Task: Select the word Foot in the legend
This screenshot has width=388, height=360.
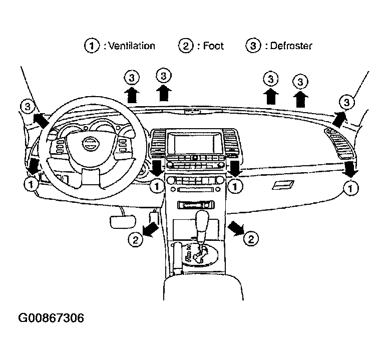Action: click(x=213, y=46)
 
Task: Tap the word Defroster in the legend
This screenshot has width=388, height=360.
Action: click(x=291, y=46)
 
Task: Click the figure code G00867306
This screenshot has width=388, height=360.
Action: click(x=51, y=318)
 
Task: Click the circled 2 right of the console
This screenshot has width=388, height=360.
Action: click(x=251, y=238)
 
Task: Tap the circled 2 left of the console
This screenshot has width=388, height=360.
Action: click(x=134, y=240)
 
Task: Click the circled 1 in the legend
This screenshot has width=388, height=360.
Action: click(x=91, y=46)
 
